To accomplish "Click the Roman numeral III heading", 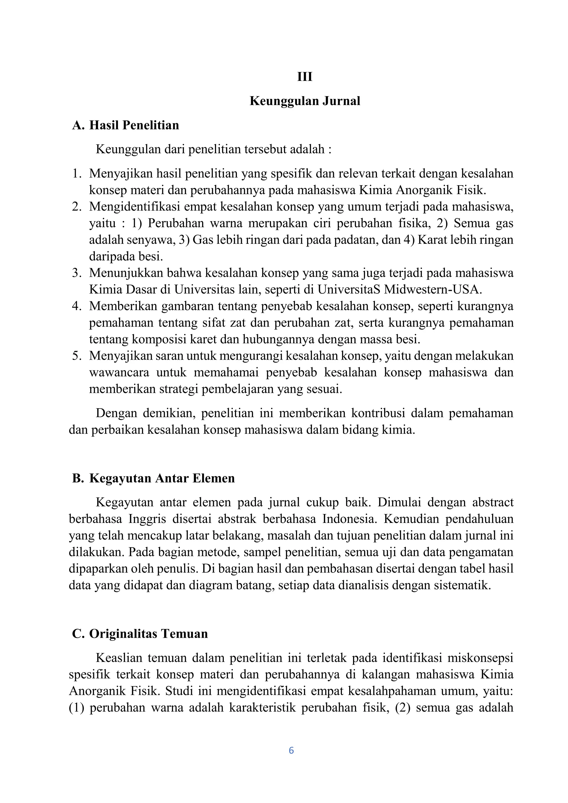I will click(x=305, y=77).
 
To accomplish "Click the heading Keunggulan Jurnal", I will click(x=305, y=101).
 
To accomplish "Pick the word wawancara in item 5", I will click(x=119, y=372).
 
